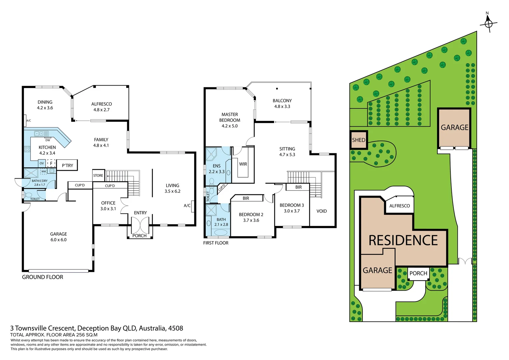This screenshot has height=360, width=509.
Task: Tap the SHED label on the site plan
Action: coord(358,140)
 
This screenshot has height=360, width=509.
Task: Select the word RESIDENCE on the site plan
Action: coord(403,240)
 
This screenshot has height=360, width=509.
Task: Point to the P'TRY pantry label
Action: coord(67,165)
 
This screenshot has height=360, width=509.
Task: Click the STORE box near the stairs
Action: coord(98,175)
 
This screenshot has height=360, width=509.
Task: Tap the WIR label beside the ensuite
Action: coord(243,164)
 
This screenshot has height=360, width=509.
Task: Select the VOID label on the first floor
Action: coord(321,211)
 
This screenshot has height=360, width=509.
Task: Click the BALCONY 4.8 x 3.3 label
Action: coord(282,103)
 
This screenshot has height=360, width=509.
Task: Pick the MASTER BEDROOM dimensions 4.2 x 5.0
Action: coord(230,126)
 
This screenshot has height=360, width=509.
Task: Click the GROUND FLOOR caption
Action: coord(42,277)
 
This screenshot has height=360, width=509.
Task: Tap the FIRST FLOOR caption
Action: coord(216,243)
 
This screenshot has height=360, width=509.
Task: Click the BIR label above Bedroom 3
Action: coord(298,187)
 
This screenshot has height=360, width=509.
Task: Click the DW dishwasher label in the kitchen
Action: coord(48,140)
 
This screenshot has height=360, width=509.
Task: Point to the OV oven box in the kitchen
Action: coord(42,163)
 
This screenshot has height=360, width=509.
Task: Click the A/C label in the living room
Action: coord(187,206)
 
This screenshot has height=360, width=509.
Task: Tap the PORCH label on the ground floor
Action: coord(139,236)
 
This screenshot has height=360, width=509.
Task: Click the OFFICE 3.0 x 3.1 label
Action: coord(108,206)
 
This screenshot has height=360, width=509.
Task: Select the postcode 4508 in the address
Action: coord(176,328)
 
